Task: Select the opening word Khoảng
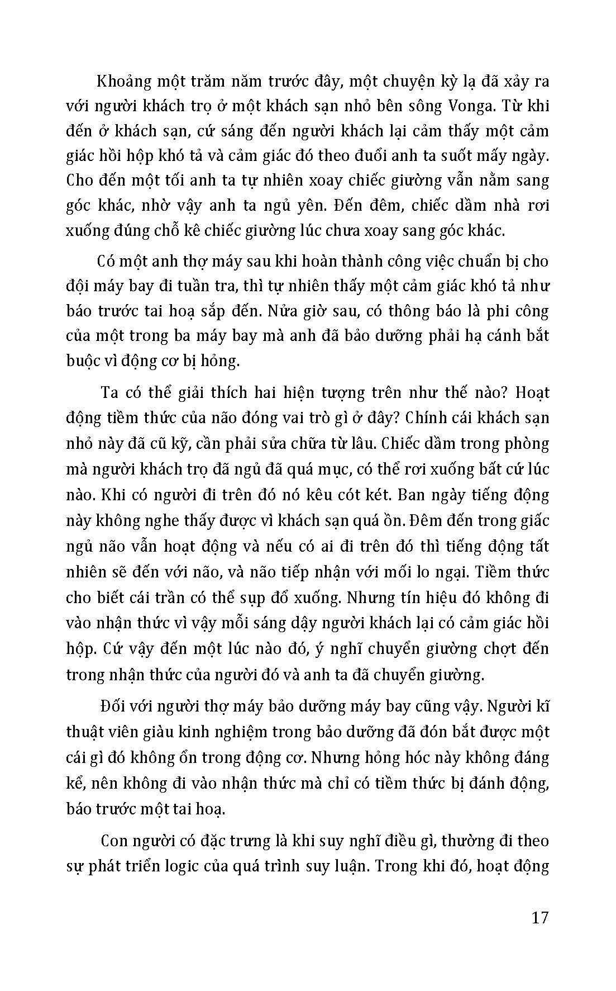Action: (x=125, y=81)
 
